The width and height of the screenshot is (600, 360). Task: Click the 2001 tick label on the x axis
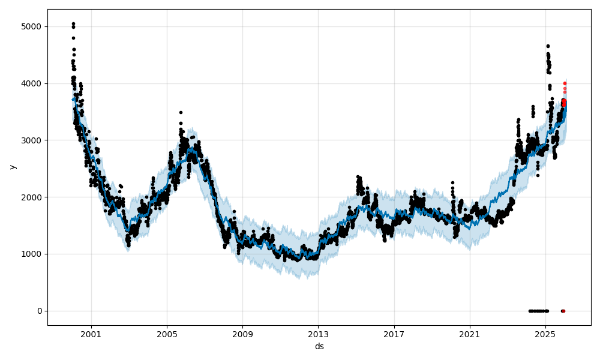tap(91, 334)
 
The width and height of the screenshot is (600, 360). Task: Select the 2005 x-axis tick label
tap(167, 334)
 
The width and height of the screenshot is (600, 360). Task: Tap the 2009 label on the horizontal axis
tap(242, 334)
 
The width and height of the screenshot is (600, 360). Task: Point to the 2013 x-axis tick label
tap(319, 334)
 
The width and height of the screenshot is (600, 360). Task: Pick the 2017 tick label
tap(394, 334)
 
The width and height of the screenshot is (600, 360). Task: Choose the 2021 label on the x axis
tap(470, 334)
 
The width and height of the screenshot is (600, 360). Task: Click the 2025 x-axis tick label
tap(545, 334)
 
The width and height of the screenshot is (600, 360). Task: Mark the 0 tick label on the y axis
tap(39, 311)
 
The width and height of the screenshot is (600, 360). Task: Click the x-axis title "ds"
tap(319, 346)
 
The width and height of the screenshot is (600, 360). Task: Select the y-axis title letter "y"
tap(11, 167)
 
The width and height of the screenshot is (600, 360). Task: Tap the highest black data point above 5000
tap(73, 24)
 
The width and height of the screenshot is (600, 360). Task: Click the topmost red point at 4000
tap(565, 83)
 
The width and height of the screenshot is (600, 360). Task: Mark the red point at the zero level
tap(563, 311)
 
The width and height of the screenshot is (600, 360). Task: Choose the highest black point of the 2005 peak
tap(181, 112)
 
